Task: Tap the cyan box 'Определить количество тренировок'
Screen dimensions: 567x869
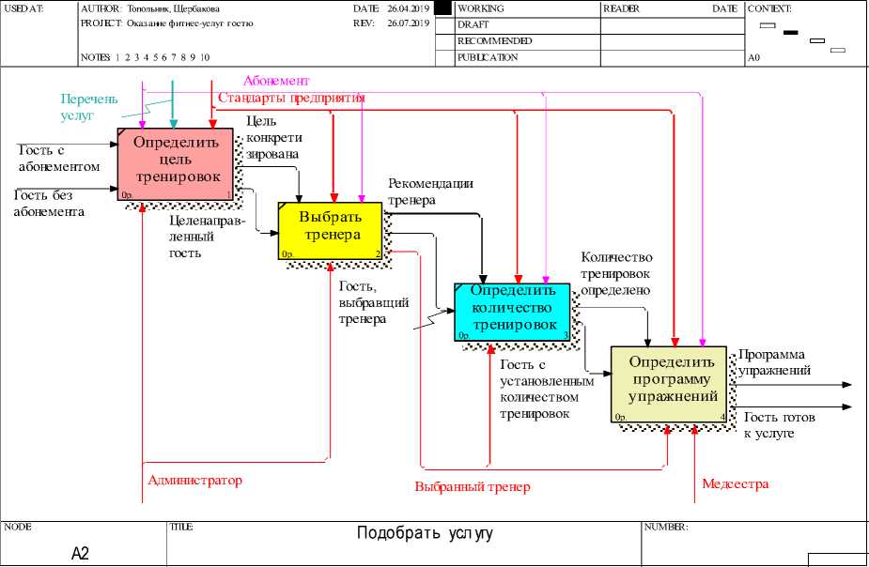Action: (x=514, y=311)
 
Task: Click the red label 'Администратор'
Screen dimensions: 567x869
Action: (x=194, y=481)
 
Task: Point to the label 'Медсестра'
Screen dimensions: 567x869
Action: (x=736, y=484)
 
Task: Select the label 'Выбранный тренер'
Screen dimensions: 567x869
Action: (x=473, y=487)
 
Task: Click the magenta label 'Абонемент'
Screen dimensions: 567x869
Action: (x=276, y=82)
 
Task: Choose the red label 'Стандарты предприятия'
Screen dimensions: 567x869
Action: (x=291, y=98)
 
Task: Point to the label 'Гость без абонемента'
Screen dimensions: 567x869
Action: (x=49, y=203)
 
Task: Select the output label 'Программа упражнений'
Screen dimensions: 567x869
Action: (x=774, y=363)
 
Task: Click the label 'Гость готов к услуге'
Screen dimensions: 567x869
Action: (x=779, y=425)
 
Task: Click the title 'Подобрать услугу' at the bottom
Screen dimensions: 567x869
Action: (x=425, y=534)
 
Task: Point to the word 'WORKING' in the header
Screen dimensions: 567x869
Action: (x=481, y=8)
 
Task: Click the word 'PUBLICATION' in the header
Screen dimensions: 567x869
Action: (x=488, y=57)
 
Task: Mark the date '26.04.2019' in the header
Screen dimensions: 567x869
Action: (x=407, y=8)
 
